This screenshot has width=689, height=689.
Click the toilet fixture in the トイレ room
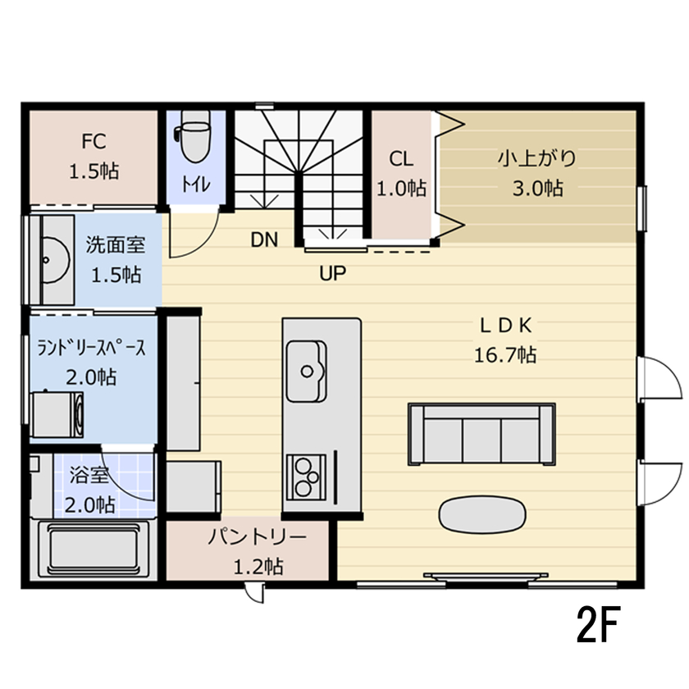pos(194,141)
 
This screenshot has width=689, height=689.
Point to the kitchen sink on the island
pos(306,371)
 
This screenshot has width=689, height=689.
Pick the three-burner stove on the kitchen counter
pos(306,478)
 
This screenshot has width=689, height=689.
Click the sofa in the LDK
pos(480,432)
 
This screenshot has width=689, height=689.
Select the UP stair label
pos(332,272)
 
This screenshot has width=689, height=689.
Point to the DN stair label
pos(265,240)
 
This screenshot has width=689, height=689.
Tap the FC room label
pos(94,141)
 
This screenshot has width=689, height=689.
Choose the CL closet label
pos(401,158)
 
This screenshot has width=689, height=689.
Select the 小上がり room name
pos(537,157)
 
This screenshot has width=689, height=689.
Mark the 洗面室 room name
pos(115,244)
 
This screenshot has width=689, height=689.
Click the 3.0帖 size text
pos(537,188)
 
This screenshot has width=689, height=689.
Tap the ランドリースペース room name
pos(92,348)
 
